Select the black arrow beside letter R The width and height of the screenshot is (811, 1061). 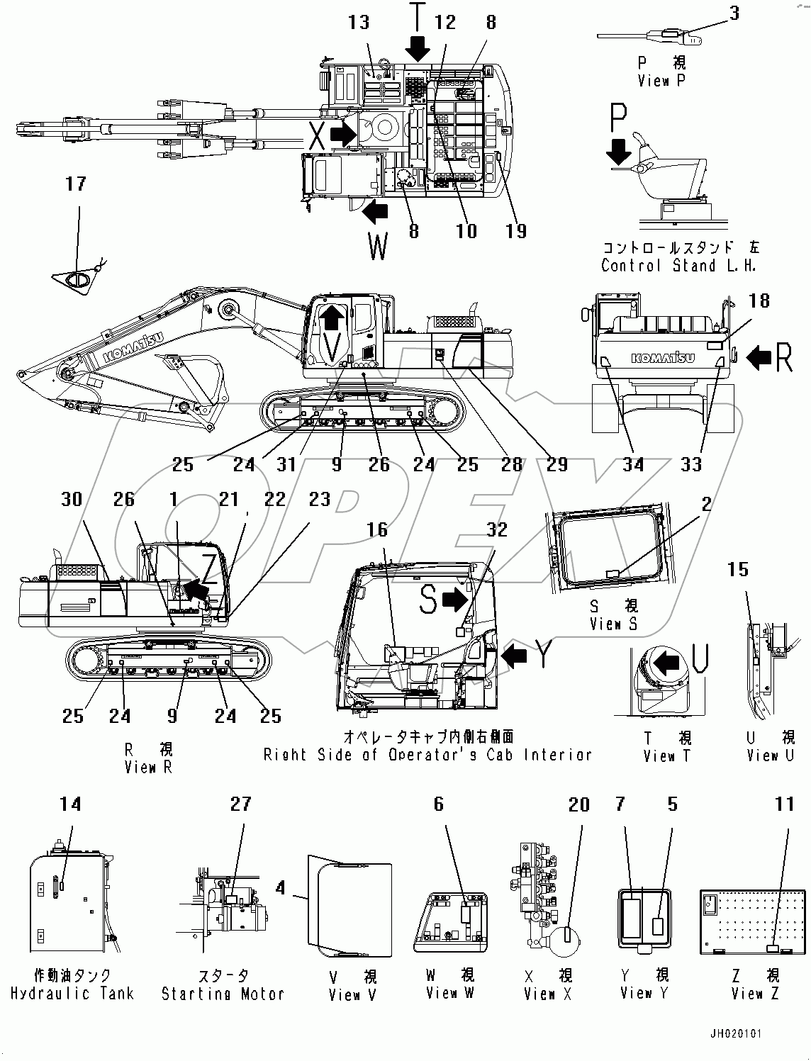tap(759, 358)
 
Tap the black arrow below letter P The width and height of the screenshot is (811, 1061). tap(619, 150)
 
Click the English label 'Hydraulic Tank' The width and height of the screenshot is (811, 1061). tap(72, 993)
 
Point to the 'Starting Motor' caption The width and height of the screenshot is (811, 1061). tap(223, 994)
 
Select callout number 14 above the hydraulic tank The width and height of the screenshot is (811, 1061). tap(70, 804)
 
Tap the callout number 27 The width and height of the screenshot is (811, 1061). tap(241, 804)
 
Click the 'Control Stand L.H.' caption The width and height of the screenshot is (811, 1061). tap(678, 266)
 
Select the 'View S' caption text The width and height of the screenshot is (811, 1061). tap(613, 624)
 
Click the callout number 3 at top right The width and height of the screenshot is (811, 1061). tap(734, 13)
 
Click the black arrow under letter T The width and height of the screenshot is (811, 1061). tap(418, 48)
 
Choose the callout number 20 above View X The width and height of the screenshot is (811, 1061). tap(579, 804)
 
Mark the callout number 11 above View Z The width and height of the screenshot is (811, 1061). tap(784, 804)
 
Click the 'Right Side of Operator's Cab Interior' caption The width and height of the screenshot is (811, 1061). tap(427, 755)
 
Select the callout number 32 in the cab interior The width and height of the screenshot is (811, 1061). tap(497, 530)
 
